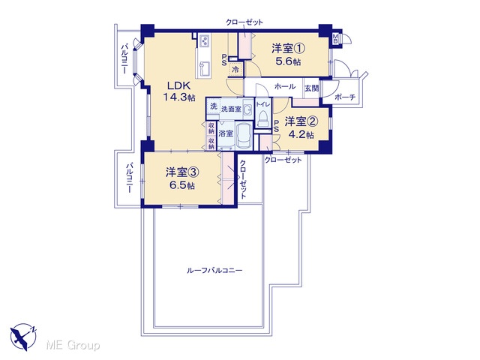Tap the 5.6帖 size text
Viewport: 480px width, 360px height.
(288, 61)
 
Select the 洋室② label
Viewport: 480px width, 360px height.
(301, 121)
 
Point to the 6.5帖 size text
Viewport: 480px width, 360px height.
(182, 185)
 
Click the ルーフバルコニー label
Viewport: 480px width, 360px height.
(214, 271)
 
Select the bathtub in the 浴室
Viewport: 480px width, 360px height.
(244, 136)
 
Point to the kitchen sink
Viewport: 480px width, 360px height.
(205, 69)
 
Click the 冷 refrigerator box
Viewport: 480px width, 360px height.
(235, 69)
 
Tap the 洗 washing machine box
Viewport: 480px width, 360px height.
(213, 106)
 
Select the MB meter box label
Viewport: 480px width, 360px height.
(335, 39)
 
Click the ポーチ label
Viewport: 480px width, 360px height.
(345, 97)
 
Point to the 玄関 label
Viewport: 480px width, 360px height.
(312, 88)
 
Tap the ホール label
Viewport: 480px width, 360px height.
(285, 87)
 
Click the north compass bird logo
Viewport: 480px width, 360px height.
(23, 337)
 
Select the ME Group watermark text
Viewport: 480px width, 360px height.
(73, 345)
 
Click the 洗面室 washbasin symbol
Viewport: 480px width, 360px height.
(247, 109)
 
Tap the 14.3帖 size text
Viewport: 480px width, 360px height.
(179, 97)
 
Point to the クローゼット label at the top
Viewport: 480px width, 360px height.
(244, 22)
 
